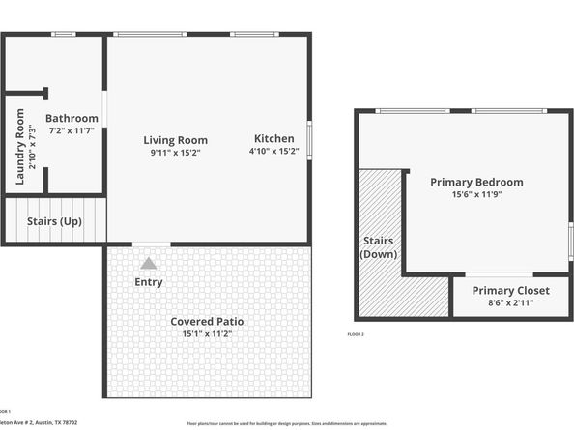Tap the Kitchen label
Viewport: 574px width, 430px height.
(274, 137)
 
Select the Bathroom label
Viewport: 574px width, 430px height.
(72, 118)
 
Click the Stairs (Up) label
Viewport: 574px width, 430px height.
(54, 221)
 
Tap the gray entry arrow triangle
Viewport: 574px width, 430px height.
(149, 263)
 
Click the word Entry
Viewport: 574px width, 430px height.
(149, 282)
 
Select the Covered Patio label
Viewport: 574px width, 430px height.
(207, 321)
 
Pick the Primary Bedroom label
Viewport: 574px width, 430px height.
(476, 182)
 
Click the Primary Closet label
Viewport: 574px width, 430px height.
(510, 290)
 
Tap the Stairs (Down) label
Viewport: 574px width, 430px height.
(379, 246)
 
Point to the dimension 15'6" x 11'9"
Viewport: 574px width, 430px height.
(476, 194)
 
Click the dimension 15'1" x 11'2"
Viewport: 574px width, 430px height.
(207, 333)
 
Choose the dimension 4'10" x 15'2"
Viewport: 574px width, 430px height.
(274, 151)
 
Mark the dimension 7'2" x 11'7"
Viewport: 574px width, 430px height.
(72, 129)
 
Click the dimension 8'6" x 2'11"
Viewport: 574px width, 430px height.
(510, 302)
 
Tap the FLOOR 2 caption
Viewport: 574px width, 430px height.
(356, 334)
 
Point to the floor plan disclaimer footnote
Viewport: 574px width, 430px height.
(286, 423)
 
